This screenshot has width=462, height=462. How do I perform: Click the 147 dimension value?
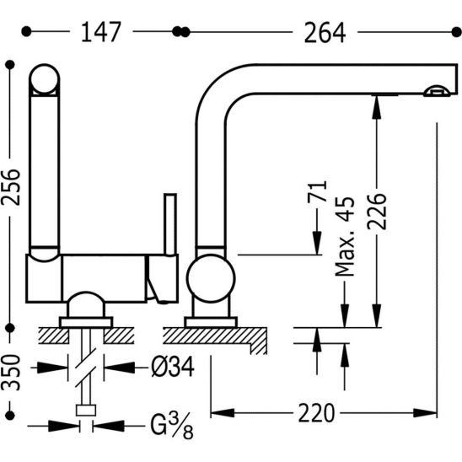pos(101,32)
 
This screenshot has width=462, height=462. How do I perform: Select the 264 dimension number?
pos(325,33)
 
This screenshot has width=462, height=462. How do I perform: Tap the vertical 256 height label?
pos(11,187)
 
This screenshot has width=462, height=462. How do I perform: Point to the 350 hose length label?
pos(11,373)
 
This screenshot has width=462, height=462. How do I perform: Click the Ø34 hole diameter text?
pos(173,367)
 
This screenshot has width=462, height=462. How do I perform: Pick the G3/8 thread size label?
pos(172,426)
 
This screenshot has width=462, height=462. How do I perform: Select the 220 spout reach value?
pos(316,413)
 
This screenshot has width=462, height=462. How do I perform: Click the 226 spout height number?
pos(377,212)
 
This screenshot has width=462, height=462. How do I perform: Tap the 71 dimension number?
pos(317,191)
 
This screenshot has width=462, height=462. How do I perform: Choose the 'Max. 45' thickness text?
pos(345,237)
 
